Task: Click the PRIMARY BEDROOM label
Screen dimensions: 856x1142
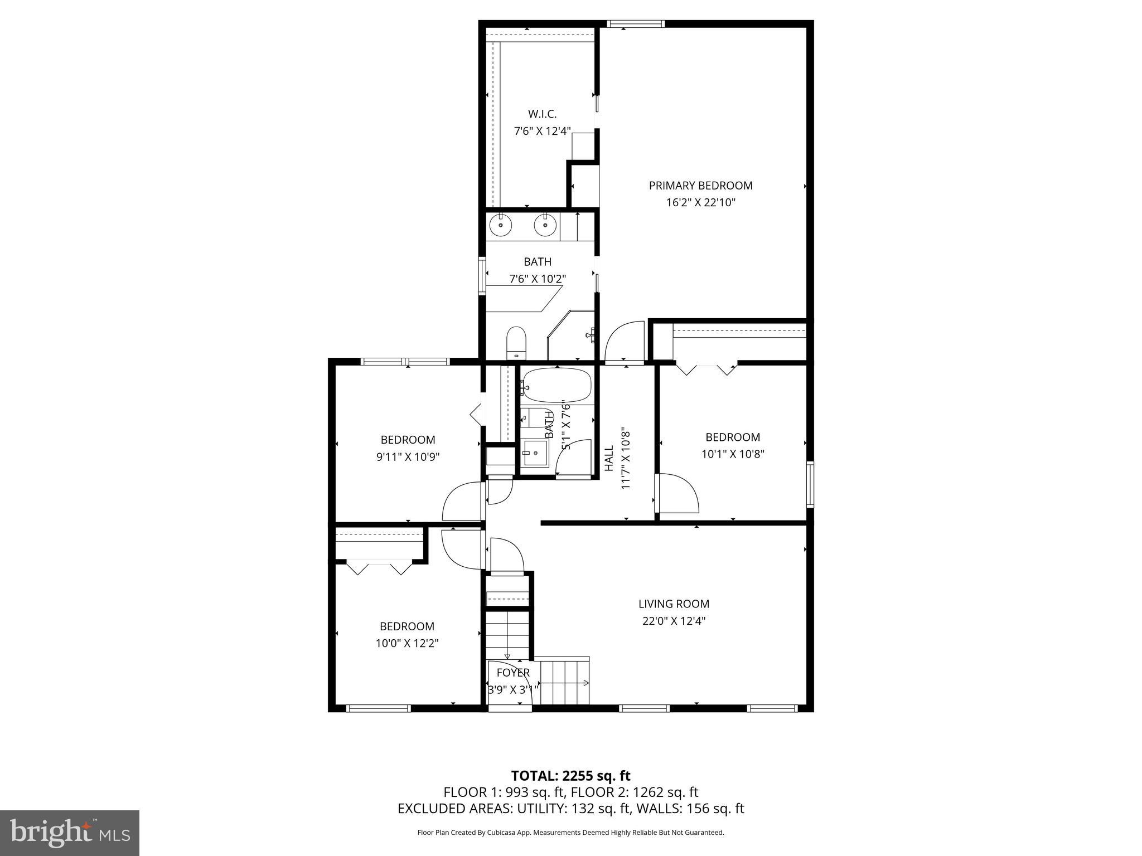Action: [700, 186]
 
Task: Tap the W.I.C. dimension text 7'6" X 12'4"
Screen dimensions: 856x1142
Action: [542, 132]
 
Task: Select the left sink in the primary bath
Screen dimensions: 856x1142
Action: [501, 226]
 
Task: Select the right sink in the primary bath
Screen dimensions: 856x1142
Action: [545, 226]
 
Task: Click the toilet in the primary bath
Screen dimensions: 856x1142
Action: [516, 343]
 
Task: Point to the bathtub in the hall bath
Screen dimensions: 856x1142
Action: [556, 386]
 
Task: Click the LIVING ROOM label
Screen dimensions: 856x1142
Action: [674, 604]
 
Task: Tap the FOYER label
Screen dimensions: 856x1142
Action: [513, 673]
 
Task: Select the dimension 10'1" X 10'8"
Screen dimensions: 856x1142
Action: [732, 454]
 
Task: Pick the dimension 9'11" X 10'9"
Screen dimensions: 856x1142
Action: [408, 457]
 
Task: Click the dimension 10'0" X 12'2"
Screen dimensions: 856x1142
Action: [407, 643]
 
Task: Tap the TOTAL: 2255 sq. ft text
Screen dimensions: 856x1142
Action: [570, 776]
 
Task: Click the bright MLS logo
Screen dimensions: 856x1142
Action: [70, 833]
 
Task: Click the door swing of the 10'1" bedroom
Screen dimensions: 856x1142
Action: [678, 493]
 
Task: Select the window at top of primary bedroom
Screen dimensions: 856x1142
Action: [636, 24]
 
